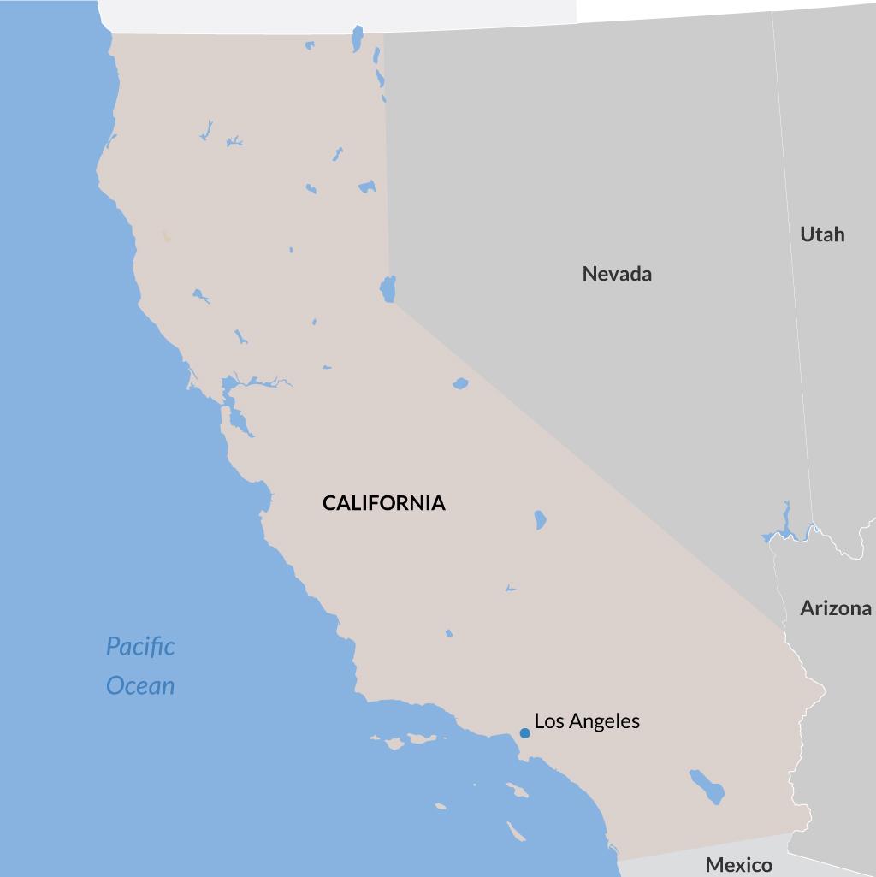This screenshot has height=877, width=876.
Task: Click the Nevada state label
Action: pyautogui.click(x=617, y=274)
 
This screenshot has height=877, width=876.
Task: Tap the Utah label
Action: pyautogui.click(x=822, y=234)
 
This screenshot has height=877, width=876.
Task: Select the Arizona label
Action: pyautogui.click(x=836, y=608)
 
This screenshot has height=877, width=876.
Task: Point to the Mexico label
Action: pyautogui.click(x=738, y=865)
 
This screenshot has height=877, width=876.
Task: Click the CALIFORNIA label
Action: pyautogui.click(x=383, y=503)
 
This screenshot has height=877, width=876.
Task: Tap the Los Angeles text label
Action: pyautogui.click(x=587, y=721)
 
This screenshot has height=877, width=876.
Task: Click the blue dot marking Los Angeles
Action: pyautogui.click(x=524, y=733)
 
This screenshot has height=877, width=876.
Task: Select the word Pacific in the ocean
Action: pyautogui.click(x=140, y=646)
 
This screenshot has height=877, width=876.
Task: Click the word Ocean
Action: pyautogui.click(x=140, y=685)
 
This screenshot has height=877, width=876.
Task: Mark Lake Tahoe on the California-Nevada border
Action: pyautogui.click(x=388, y=288)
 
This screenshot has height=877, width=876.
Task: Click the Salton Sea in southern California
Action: pyautogui.click(x=707, y=786)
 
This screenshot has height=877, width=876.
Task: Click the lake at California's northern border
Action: pyautogui.click(x=358, y=38)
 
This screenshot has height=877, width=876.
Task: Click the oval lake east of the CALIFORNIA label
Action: pyautogui.click(x=540, y=519)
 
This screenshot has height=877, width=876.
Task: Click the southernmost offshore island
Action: pyautogui.click(x=515, y=831)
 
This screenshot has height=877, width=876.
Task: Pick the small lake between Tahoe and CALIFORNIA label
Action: pyautogui.click(x=460, y=383)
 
